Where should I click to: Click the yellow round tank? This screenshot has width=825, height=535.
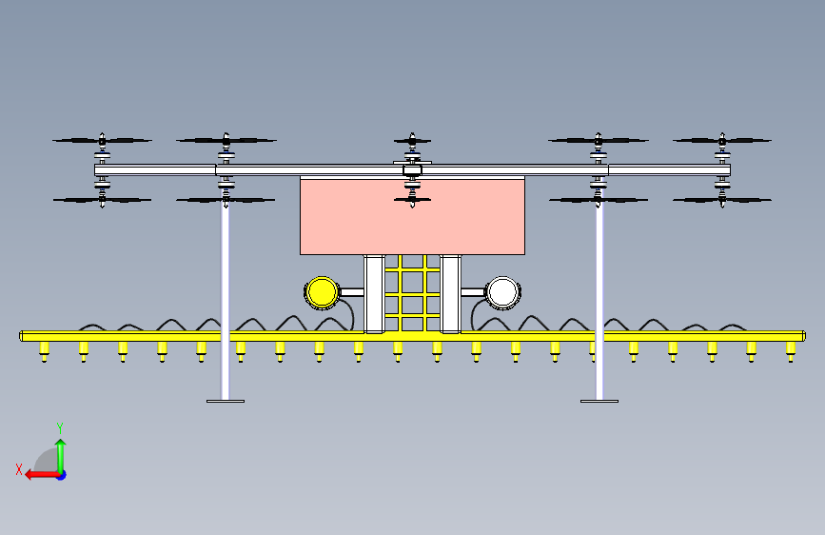321,291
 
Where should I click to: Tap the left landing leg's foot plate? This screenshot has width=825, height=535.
226,401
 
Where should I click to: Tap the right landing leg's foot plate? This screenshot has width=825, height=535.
599,401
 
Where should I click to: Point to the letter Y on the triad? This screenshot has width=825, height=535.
60,427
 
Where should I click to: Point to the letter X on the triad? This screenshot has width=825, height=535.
18,468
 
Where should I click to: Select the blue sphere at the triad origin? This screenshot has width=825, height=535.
60,474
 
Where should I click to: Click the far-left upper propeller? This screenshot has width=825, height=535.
102,141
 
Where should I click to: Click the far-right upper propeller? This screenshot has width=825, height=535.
722,141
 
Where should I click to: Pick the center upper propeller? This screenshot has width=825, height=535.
412,141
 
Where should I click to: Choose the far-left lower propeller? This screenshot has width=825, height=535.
102,200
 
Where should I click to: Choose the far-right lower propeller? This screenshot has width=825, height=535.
722,200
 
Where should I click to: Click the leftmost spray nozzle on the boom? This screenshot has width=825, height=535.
44,353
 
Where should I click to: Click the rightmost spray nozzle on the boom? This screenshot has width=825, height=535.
790,353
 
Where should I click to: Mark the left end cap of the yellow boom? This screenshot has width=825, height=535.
22,335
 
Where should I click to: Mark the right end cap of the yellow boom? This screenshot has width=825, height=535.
803,335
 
